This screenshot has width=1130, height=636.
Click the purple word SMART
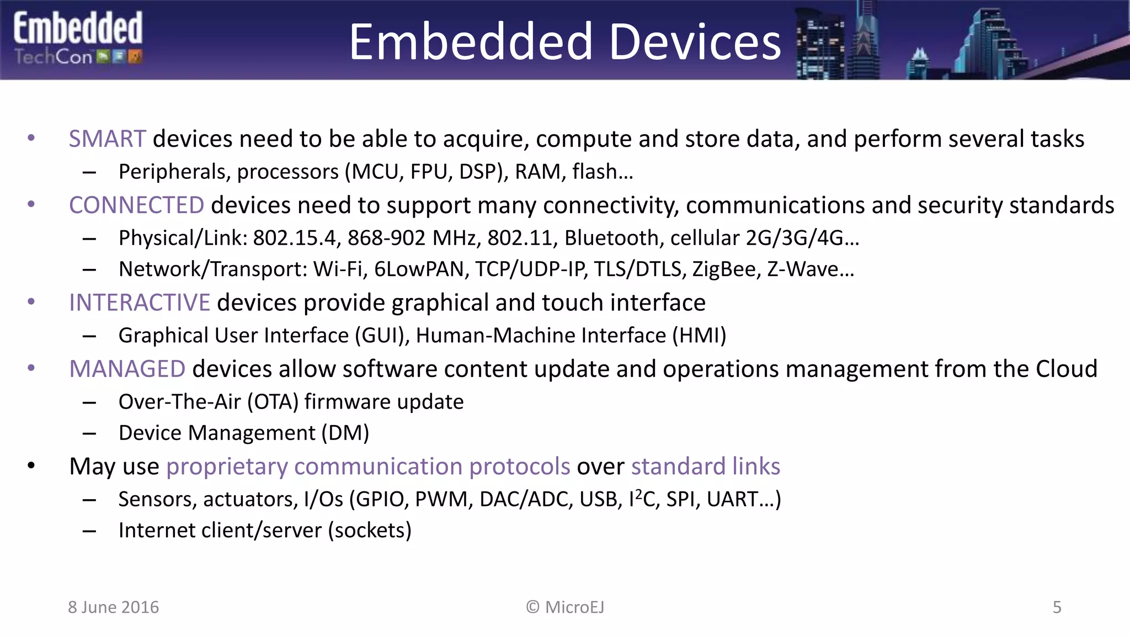point(107,139)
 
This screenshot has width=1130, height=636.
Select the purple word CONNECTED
point(136,205)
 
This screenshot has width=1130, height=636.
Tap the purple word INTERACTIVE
point(139,303)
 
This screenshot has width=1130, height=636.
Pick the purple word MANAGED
point(127,369)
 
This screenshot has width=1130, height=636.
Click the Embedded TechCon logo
point(78,39)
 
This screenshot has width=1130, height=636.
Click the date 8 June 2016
point(113,607)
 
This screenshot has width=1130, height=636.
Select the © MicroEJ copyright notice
point(565,607)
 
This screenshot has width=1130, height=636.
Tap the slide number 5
point(1057,607)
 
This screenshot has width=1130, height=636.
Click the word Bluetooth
point(611,238)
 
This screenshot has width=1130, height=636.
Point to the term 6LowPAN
point(421,269)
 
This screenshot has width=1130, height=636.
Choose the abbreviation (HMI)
point(699,336)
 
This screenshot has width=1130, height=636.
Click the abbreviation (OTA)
point(273,402)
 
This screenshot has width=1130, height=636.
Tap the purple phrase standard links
point(705,467)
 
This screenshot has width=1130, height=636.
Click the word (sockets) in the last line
point(370,531)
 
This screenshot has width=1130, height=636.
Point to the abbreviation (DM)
point(345,433)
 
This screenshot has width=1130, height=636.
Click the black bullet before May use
point(31,466)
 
